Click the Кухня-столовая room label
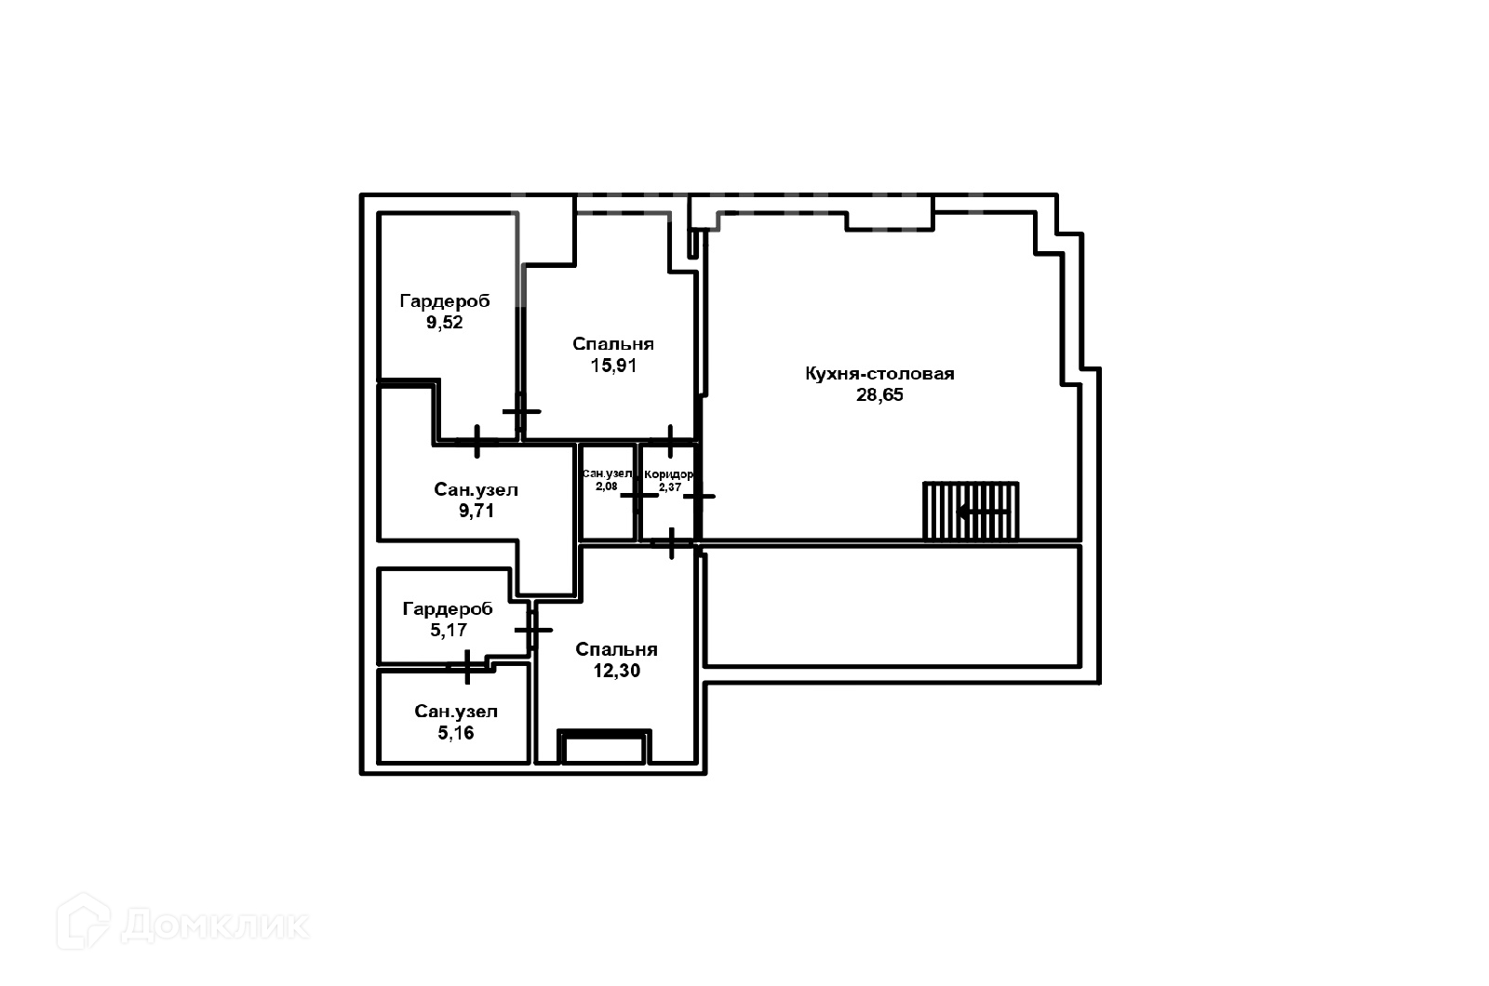[x=879, y=374]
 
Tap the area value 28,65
[x=879, y=394]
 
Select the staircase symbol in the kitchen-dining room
[x=971, y=511]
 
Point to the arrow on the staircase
[x=983, y=512]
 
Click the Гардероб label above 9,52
[x=445, y=301]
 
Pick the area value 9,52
[x=445, y=323]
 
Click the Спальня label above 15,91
[x=613, y=344]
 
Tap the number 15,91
[x=613, y=366]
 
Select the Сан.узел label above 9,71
[x=476, y=489]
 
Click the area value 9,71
[x=476, y=511]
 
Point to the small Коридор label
[x=669, y=474]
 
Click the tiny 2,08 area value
[x=607, y=486]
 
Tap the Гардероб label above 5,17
[x=448, y=609]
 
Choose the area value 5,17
[x=448, y=630]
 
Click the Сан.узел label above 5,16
[x=456, y=712]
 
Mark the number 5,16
[x=456, y=733]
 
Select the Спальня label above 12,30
[x=616, y=650]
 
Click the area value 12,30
[x=616, y=671]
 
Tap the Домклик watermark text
[x=215, y=925]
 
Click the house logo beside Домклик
[x=83, y=922]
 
